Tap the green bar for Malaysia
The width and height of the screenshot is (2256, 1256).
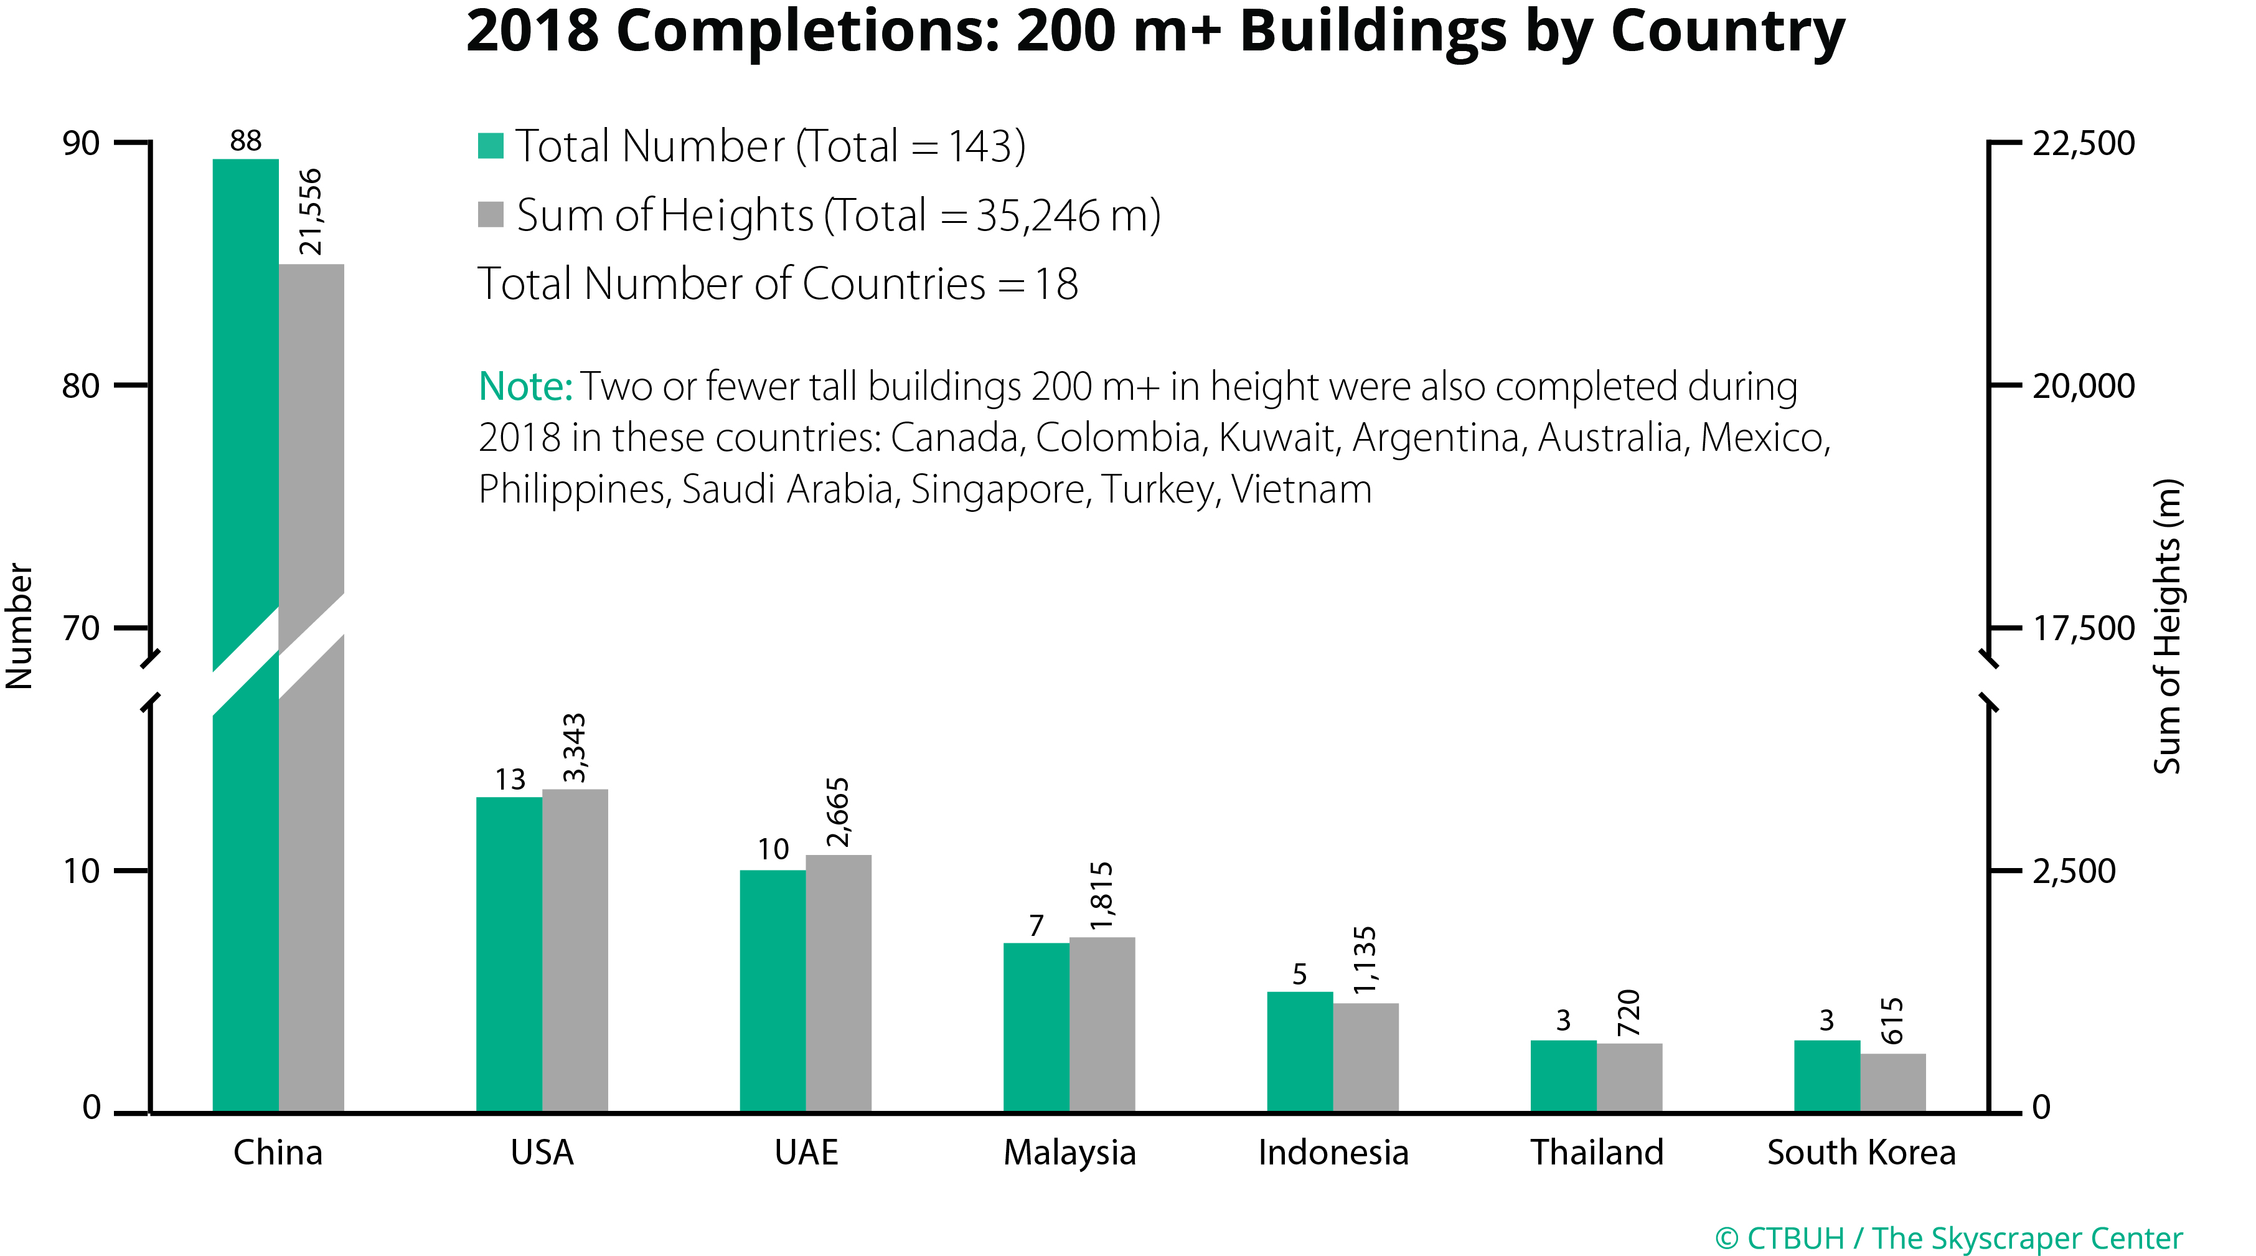pyautogui.click(x=1036, y=1026)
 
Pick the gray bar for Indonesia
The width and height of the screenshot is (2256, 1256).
pyautogui.click(x=1365, y=1056)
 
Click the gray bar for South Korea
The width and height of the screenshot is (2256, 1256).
pyautogui.click(x=1892, y=1082)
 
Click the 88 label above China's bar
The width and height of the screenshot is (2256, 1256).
pyautogui.click(x=245, y=141)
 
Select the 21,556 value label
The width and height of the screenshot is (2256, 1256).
pyautogui.click(x=311, y=212)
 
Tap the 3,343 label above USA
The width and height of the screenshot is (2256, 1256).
pyautogui.click(x=575, y=747)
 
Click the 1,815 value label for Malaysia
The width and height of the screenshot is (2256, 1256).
pyautogui.click(x=1102, y=895)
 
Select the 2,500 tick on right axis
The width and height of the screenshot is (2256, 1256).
pyautogui.click(x=2074, y=871)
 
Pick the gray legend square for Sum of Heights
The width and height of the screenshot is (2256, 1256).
pyautogui.click(x=491, y=215)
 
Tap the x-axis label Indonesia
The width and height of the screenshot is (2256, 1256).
pyautogui.click(x=1333, y=1152)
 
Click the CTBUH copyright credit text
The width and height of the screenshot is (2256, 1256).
pyautogui.click(x=1948, y=1237)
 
